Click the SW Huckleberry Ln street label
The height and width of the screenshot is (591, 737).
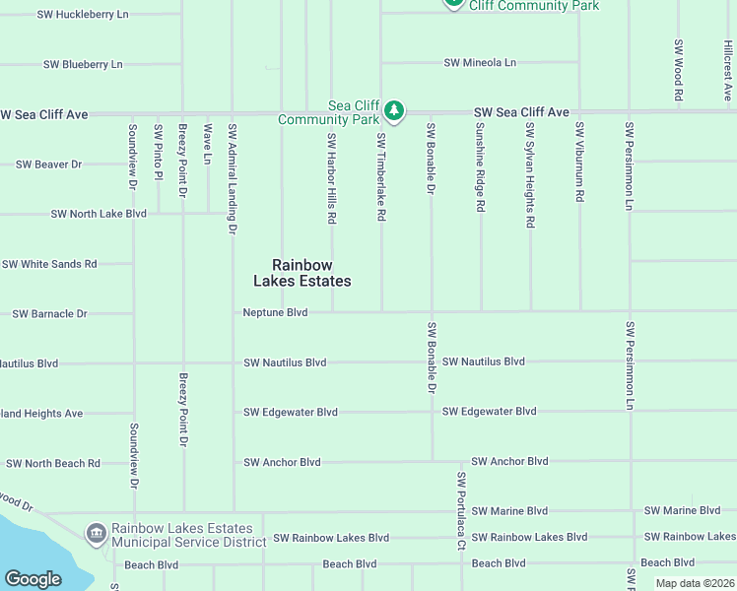(x=83, y=15)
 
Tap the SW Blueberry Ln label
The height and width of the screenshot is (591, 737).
(x=83, y=64)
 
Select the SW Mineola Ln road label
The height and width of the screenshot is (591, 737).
(x=480, y=63)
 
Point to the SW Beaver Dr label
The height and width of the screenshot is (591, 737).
(x=48, y=164)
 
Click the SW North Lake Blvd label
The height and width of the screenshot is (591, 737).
(x=99, y=214)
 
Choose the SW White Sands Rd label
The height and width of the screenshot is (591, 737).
(x=49, y=264)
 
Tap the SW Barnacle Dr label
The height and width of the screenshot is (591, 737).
(x=49, y=313)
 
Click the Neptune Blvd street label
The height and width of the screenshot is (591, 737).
(x=276, y=312)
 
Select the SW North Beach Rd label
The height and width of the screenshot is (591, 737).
(x=53, y=463)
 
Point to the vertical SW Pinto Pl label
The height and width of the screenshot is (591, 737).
(x=158, y=152)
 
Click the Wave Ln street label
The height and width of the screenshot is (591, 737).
(x=208, y=143)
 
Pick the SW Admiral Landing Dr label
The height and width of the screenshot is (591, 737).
(x=233, y=178)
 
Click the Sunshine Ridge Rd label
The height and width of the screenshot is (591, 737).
(x=480, y=166)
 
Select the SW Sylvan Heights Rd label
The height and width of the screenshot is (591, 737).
(x=530, y=175)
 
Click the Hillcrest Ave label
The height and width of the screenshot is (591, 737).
(x=728, y=71)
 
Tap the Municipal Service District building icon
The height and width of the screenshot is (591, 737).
(x=97, y=534)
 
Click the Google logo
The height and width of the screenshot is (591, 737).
(x=33, y=579)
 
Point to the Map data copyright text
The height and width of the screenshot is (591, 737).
(x=694, y=583)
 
